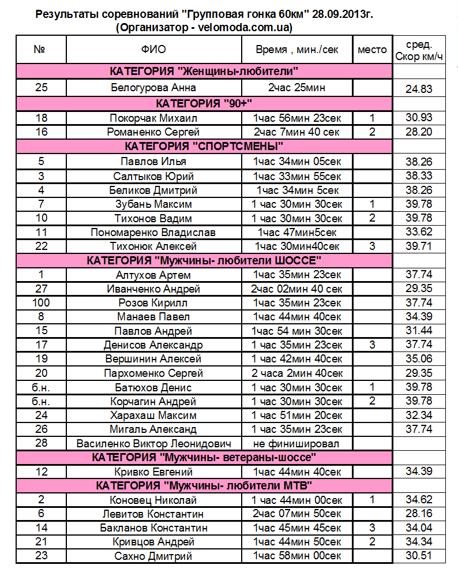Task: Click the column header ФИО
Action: tap(153, 50)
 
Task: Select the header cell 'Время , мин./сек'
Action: tap(297, 50)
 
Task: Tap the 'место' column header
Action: tap(372, 50)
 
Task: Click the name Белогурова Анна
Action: tap(153, 88)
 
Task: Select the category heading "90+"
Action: tap(205, 103)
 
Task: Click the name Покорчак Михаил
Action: tap(153, 118)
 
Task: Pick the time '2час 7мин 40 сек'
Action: tap(297, 132)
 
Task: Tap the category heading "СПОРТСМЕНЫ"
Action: tap(204, 146)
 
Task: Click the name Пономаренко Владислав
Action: tap(153, 233)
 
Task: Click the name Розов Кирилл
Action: tap(153, 302)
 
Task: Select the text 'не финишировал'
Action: tap(297, 443)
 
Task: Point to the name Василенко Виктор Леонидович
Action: tap(154, 443)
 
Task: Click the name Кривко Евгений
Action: tap(153, 472)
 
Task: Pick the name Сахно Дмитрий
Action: tap(153, 556)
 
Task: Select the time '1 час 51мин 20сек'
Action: tap(297, 415)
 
